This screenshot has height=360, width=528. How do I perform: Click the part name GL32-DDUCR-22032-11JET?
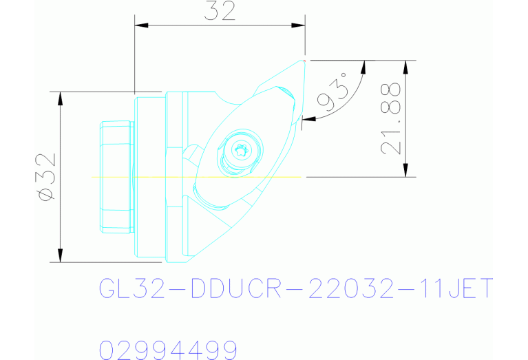point(297,288)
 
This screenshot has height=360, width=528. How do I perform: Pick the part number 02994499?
point(169,350)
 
